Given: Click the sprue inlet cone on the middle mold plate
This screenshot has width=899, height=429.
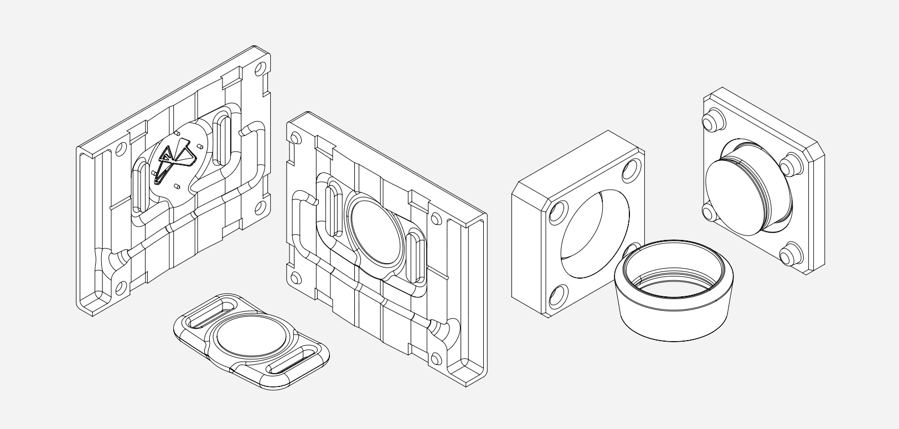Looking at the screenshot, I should (x=443, y=332).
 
